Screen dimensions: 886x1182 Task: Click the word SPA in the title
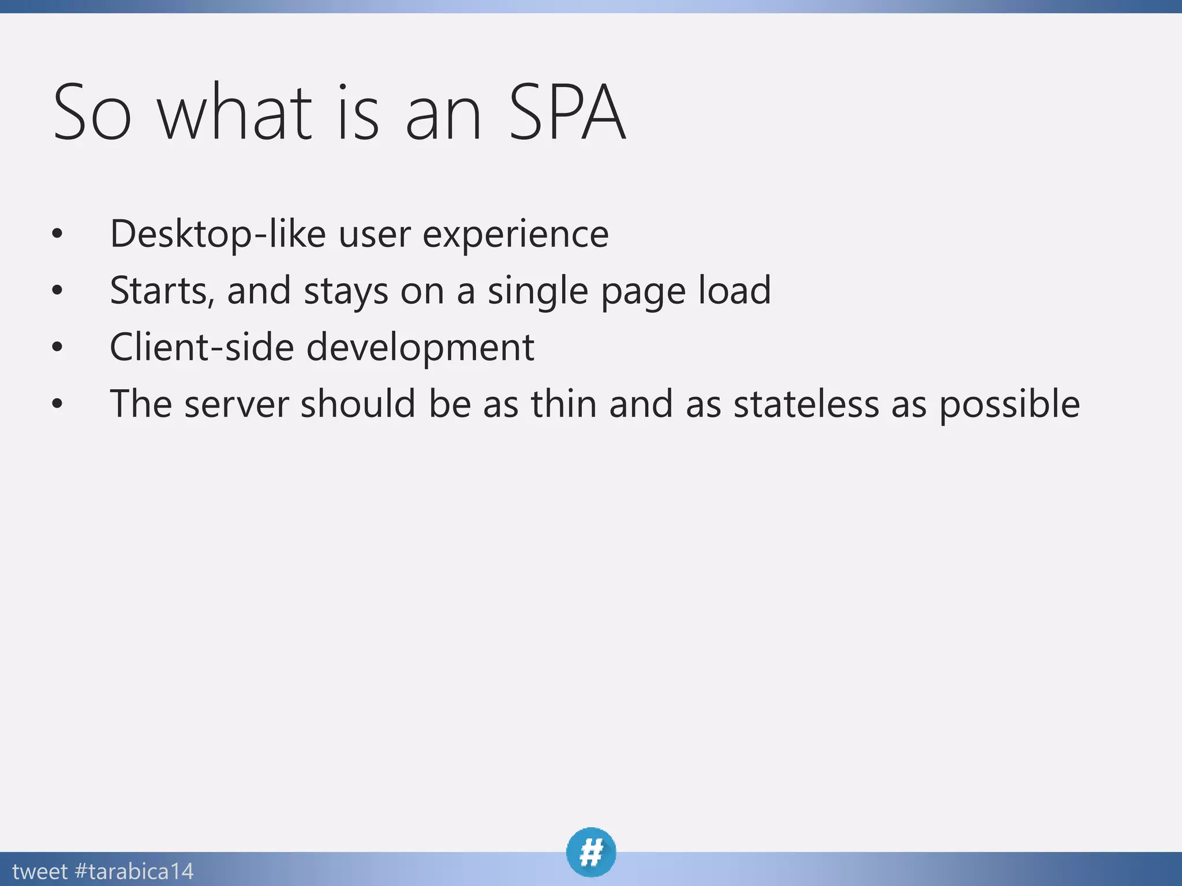point(567,112)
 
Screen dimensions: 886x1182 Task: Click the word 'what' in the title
point(235,112)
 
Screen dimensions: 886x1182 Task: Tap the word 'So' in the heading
point(92,112)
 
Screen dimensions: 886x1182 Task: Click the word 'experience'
point(515,235)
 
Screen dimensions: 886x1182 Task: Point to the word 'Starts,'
point(162,290)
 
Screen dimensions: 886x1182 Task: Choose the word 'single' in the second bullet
point(538,291)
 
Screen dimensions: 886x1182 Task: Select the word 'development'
point(420,348)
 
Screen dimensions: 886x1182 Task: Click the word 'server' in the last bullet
point(237,404)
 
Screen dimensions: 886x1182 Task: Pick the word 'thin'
point(564,403)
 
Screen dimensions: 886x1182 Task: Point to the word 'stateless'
point(806,403)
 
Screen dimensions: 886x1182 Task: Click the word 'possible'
point(1009,404)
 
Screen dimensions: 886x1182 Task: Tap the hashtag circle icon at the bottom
point(591,852)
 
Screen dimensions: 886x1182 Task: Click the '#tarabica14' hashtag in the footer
point(134,871)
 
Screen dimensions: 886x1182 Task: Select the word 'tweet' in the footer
point(40,871)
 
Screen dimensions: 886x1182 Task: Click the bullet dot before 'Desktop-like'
point(57,234)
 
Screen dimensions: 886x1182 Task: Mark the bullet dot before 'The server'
point(57,404)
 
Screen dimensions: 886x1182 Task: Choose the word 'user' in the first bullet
point(375,235)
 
